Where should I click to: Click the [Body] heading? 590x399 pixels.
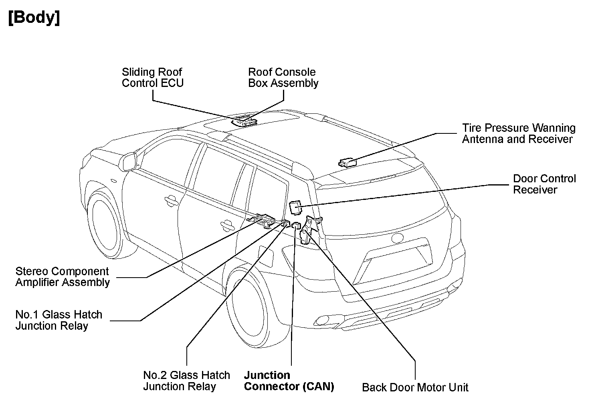[34, 18]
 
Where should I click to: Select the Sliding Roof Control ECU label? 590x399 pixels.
[152, 77]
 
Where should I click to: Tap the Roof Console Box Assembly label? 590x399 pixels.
[283, 77]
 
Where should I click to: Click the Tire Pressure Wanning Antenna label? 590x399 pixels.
[518, 133]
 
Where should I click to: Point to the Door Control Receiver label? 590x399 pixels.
[544, 184]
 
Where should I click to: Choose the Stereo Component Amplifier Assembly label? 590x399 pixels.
[63, 277]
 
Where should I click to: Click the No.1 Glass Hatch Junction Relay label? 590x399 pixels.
[59, 320]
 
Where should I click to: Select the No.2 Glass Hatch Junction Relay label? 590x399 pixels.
[186, 381]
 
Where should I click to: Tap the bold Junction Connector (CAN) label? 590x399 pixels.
[289, 381]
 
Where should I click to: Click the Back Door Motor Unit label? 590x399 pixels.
[415, 387]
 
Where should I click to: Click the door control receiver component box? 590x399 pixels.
[295, 207]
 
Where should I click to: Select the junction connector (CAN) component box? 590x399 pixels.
[296, 226]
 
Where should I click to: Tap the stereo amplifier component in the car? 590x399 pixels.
[263, 220]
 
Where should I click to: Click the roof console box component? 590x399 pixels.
[244, 120]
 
